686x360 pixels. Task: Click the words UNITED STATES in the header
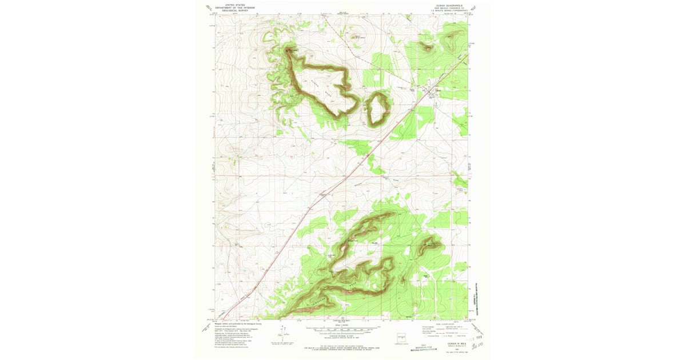[x=239, y=5]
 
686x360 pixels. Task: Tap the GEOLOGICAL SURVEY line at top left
[x=239, y=10]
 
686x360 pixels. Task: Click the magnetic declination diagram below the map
[x=284, y=334]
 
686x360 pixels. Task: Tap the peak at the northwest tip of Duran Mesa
[x=290, y=50]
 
